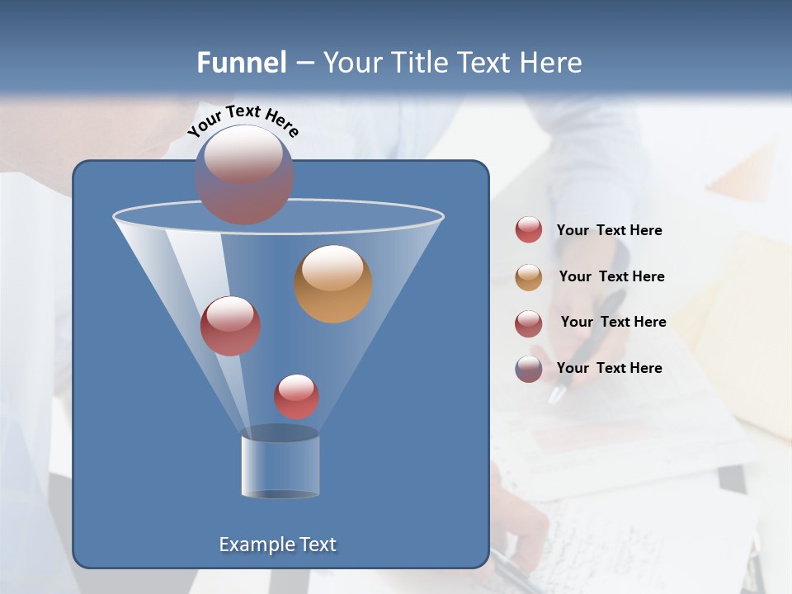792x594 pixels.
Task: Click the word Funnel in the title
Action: coord(242,63)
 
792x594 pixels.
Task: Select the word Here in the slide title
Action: coord(548,63)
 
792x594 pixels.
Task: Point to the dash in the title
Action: coord(304,63)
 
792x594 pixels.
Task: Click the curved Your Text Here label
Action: coord(243,120)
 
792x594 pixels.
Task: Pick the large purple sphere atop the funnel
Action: coord(244,174)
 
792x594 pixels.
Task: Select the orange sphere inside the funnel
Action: coord(333,284)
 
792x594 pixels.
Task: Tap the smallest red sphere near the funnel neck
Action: coord(296,397)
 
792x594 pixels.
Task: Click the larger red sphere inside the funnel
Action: coord(230,326)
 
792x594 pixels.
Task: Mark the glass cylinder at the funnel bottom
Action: coord(280,463)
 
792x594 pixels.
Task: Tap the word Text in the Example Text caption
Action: coord(317,544)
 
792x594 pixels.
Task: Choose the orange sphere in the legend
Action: coord(529,276)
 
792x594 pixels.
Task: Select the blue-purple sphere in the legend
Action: coord(529,369)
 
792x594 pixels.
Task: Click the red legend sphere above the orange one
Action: coord(529,230)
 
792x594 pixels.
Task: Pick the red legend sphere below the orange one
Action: coord(529,323)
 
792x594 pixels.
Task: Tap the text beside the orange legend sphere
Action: coord(611,276)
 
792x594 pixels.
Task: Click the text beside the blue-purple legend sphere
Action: coord(609,368)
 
